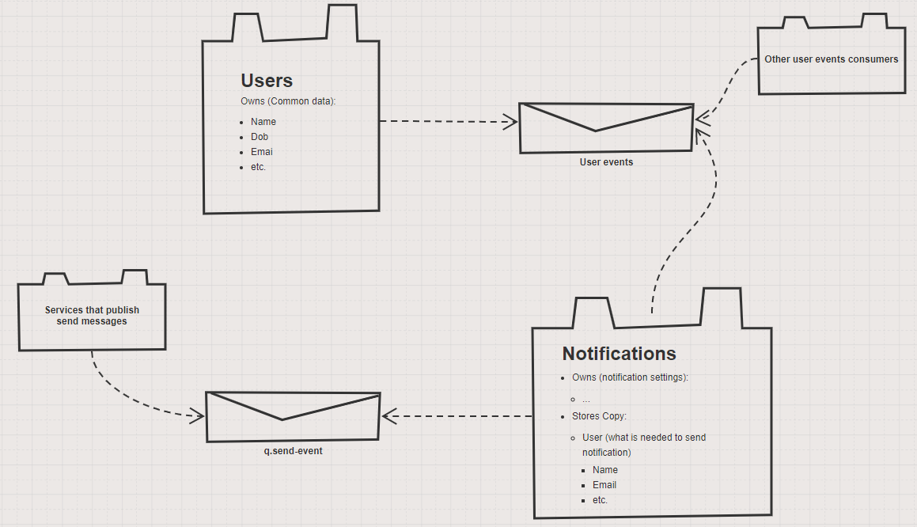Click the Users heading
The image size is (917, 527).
[267, 81]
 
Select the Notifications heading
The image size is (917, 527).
[619, 354]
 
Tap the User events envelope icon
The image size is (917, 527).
[606, 127]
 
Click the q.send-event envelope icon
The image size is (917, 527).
[293, 416]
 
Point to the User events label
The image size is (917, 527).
[606, 162]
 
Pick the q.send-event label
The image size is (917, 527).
[293, 451]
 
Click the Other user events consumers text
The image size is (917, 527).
[831, 59]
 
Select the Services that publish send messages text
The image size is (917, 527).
[92, 316]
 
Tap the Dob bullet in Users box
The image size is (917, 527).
[260, 137]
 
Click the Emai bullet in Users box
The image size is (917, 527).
[261, 152]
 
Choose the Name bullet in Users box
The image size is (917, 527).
[263, 122]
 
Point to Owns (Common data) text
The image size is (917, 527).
[288, 101]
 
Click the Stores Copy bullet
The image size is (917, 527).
[599, 416]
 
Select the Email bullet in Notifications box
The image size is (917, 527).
[604, 485]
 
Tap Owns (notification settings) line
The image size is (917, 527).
[630, 377]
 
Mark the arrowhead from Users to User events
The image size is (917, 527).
[511, 122]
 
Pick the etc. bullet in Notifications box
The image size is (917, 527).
[600, 500]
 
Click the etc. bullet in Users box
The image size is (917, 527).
[259, 167]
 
